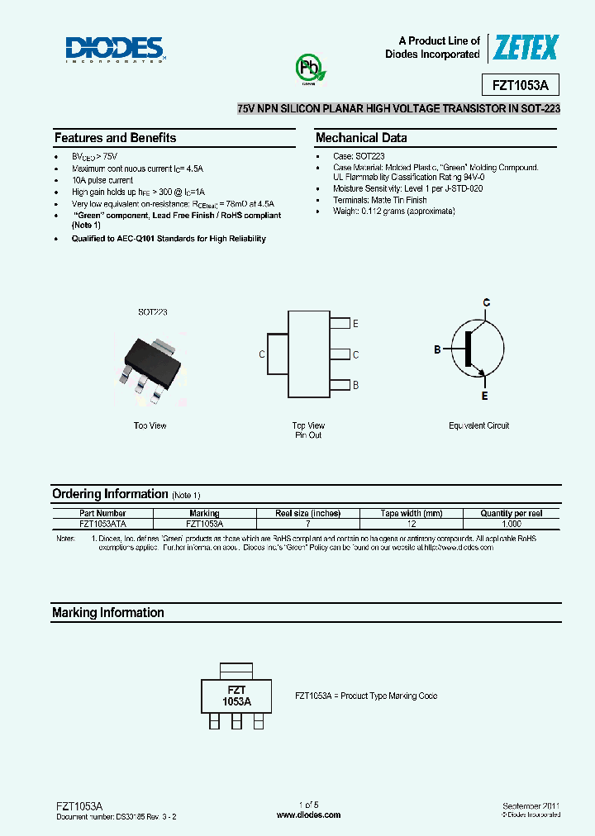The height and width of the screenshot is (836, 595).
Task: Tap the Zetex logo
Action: pyautogui.click(x=526, y=49)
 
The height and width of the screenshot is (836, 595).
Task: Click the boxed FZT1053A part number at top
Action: pyautogui.click(x=521, y=86)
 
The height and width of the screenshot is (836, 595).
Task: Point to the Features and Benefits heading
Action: pyautogui.click(x=115, y=138)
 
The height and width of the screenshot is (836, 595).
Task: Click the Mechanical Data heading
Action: pyautogui.click(x=361, y=138)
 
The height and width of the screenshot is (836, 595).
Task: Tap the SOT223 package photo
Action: pyautogui.click(x=151, y=358)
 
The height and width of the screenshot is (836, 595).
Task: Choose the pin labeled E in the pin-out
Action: pyautogui.click(x=340, y=324)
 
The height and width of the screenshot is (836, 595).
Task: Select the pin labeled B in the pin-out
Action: pyautogui.click(x=340, y=385)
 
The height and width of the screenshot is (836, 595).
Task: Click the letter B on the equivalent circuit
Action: pyautogui.click(x=438, y=350)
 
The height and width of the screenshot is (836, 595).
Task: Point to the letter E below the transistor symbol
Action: pyautogui.click(x=485, y=397)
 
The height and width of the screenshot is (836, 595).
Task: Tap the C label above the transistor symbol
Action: pyautogui.click(x=487, y=303)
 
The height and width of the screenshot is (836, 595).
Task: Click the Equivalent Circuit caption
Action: pyautogui.click(x=479, y=425)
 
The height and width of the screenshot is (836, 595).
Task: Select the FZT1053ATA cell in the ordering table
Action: pyautogui.click(x=103, y=524)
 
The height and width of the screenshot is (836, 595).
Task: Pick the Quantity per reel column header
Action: pyautogui.click(x=511, y=513)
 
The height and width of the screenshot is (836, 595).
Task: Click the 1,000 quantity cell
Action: pyautogui.click(x=511, y=524)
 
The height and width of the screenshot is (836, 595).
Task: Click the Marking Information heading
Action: pyautogui.click(x=108, y=613)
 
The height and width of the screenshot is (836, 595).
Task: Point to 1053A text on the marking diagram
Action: pyautogui.click(x=236, y=701)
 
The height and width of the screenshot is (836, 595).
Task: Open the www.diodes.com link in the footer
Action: pyautogui.click(x=308, y=815)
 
